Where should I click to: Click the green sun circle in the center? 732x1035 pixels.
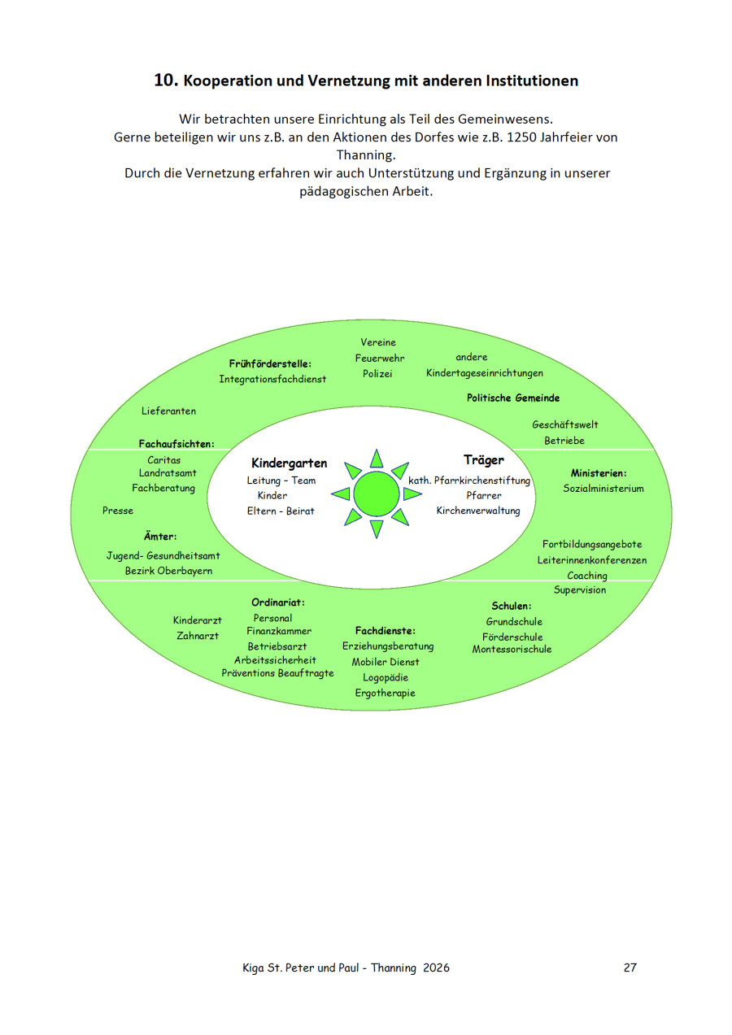377,494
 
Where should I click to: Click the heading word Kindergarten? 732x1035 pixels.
289,463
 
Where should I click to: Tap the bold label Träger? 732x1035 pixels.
483,460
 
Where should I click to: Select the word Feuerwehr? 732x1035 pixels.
379,358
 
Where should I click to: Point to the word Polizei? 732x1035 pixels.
377,373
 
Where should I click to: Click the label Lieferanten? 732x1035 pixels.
168,411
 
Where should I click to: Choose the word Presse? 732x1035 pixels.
118,511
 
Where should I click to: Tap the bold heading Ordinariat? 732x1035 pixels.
277,602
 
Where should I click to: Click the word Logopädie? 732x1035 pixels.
386,677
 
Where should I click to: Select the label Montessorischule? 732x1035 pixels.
512,650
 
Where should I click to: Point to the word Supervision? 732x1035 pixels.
580,590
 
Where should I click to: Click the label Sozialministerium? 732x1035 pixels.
603,489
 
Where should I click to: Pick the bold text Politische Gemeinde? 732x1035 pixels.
513,398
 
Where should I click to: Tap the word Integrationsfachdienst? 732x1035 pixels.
272,379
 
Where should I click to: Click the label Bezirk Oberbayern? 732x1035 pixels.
168,571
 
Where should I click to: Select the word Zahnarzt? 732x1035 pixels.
198,636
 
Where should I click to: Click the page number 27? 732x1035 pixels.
630,968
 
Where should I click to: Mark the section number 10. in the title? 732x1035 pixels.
166,80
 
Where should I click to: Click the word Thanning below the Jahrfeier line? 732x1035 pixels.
365,154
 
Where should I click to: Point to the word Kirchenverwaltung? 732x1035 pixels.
478,511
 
